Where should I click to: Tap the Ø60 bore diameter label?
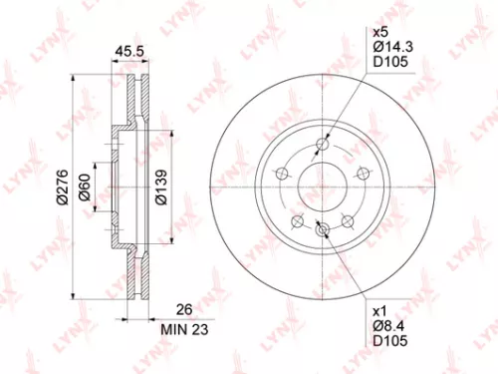[x=88, y=186]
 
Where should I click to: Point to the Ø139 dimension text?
[x=159, y=186]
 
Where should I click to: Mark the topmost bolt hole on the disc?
[x=321, y=145]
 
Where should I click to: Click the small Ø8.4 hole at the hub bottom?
[x=321, y=230]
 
